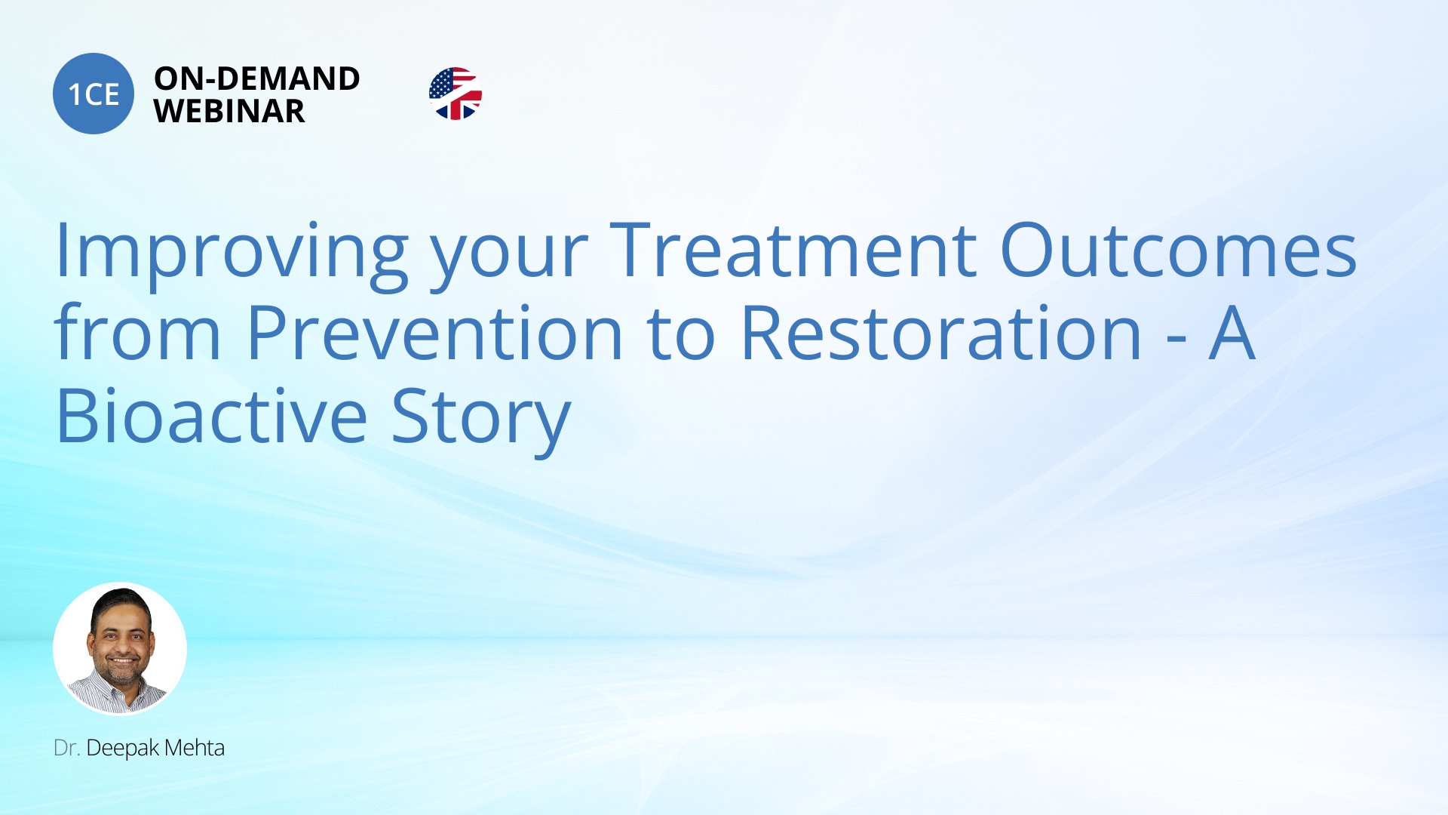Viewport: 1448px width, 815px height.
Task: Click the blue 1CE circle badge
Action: coord(94,94)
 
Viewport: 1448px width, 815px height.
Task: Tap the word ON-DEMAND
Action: coord(257,78)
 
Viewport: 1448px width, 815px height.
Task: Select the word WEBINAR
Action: coord(229,112)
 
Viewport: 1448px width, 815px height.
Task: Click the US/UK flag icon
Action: coord(456,94)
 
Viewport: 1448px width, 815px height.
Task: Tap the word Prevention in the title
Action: coord(435,332)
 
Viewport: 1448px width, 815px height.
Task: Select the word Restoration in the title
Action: coord(942,332)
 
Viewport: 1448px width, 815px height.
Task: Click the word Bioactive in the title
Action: coord(212,415)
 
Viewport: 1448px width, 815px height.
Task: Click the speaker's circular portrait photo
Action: coord(120,648)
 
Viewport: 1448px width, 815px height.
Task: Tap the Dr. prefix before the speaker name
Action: coord(66,748)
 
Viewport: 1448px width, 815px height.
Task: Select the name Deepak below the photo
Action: coord(123,749)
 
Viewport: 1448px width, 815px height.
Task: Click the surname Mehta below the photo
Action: coord(195,747)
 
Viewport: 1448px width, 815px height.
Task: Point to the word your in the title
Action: coord(509,261)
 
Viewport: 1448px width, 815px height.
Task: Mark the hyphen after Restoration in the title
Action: coord(1176,340)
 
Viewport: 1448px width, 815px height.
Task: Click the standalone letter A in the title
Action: coord(1232,333)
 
